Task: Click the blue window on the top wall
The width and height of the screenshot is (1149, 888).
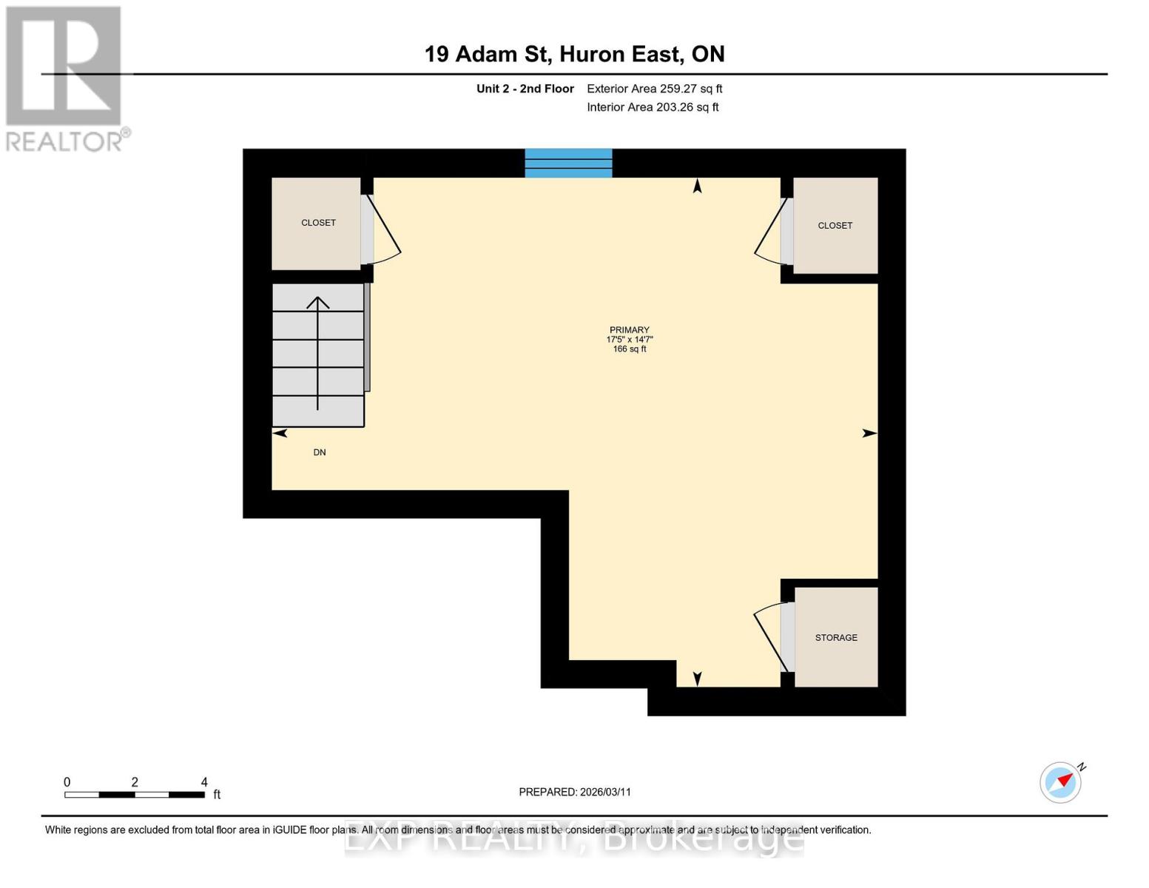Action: [568, 163]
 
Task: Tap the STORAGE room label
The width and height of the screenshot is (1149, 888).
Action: [836, 637]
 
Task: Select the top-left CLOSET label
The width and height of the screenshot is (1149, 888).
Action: [318, 223]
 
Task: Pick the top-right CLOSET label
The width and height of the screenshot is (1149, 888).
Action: [835, 226]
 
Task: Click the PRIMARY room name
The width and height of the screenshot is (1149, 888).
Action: [629, 330]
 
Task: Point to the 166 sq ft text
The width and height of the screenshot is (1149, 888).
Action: [629, 349]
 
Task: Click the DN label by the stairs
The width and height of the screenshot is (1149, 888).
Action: [320, 452]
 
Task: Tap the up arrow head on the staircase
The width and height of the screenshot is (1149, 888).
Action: [318, 302]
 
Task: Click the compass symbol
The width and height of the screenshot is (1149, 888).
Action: [1061, 781]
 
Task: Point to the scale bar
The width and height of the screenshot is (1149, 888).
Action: [135, 795]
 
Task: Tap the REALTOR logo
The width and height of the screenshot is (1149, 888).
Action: [65, 78]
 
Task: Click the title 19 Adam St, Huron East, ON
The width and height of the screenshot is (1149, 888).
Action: [574, 54]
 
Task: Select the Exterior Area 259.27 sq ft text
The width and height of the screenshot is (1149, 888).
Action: [654, 89]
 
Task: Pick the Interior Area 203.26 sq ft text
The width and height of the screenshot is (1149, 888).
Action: [653, 107]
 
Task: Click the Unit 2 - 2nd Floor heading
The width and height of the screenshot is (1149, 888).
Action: [525, 89]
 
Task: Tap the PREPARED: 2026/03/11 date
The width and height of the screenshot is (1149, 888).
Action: [575, 792]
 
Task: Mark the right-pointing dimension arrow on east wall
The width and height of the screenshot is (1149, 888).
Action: [869, 434]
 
